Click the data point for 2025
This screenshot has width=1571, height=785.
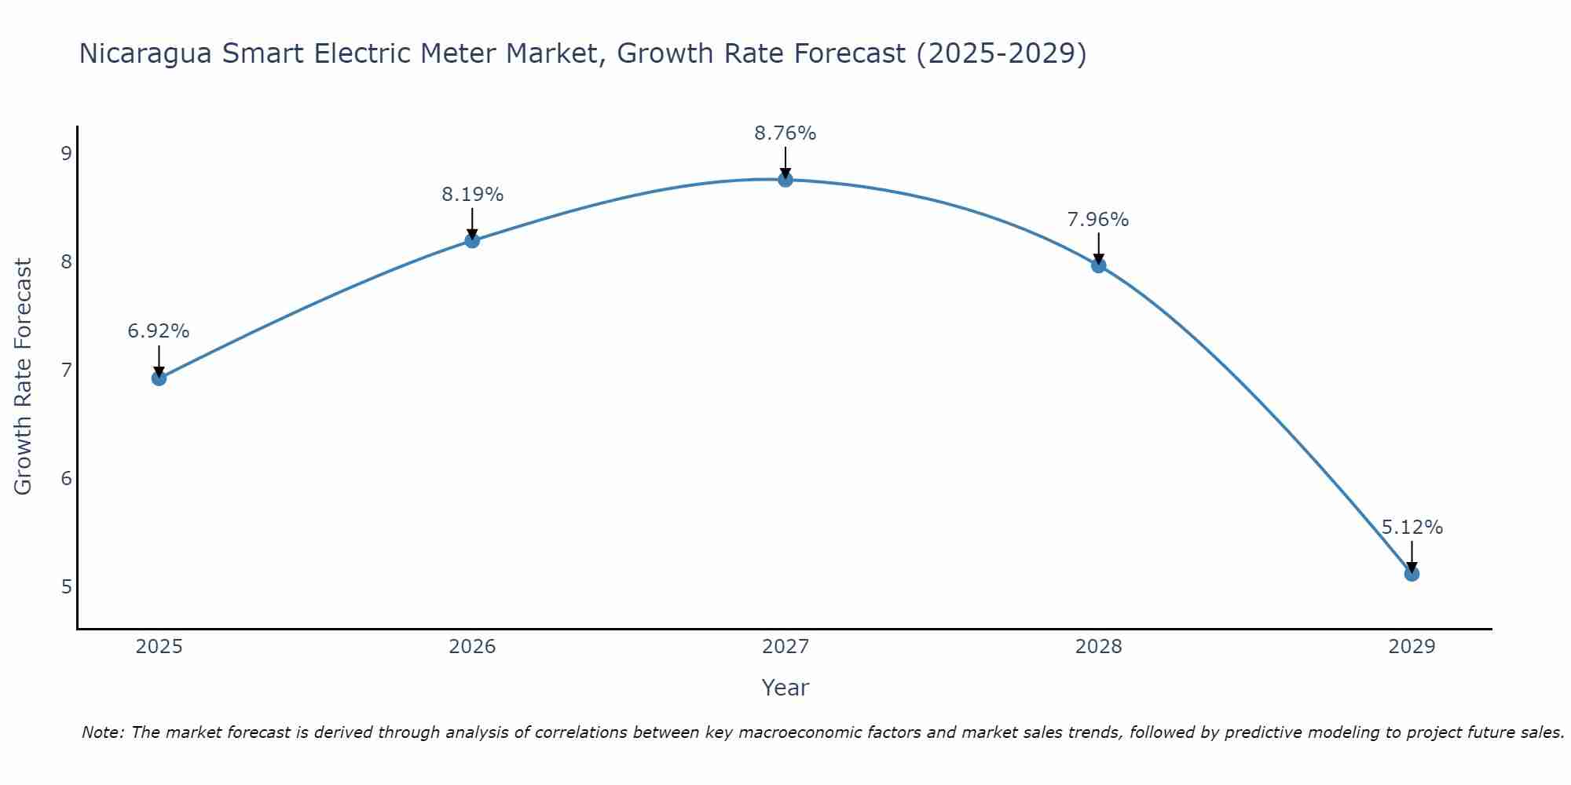pos(159,378)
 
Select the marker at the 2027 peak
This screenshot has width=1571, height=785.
pos(785,180)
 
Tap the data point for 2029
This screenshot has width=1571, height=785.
pos(1412,574)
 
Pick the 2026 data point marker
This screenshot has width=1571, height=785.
pos(472,240)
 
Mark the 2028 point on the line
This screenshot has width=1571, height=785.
pos(1098,265)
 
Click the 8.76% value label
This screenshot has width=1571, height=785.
pos(785,133)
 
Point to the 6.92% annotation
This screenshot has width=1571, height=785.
pos(159,331)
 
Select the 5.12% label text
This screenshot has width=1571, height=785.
pos(1412,528)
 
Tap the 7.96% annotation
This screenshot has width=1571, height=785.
pos(1098,220)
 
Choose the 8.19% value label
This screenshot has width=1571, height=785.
pos(472,195)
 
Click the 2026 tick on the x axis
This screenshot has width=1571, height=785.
pos(472,647)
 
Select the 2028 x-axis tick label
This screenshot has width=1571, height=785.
pos(1098,647)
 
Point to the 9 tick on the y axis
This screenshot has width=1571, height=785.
pos(67,153)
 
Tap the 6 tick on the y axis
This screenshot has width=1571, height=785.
pos(67,478)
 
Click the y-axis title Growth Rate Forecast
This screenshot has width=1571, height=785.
pos(24,377)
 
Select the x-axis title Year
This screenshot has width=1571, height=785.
pos(785,688)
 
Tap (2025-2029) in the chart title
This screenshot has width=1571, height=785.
pos(1002,53)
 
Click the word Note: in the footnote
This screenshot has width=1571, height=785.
pos(104,732)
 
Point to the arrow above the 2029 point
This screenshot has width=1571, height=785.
pos(1412,556)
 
